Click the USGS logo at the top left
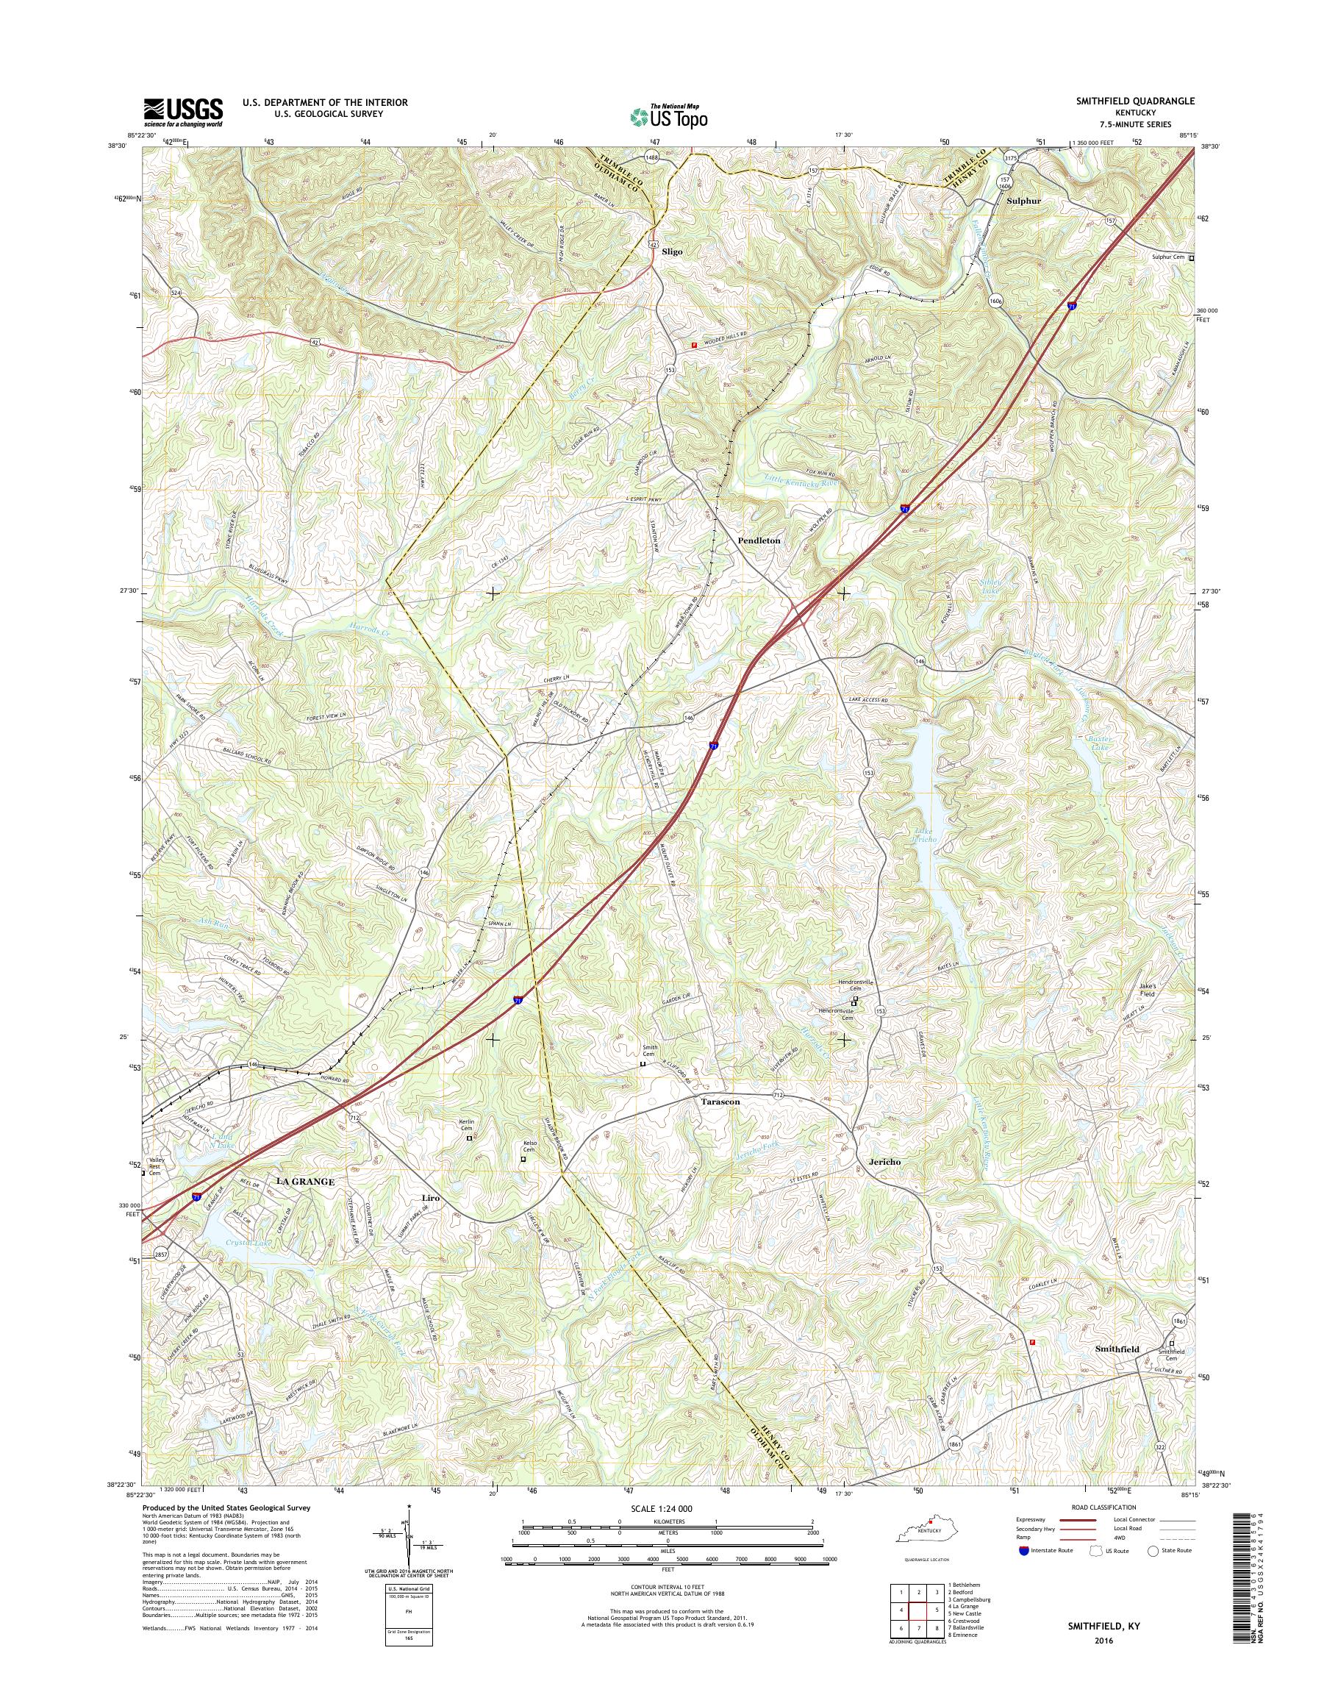[182, 113]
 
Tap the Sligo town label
[671, 252]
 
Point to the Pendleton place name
[758, 540]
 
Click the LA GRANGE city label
[301, 1181]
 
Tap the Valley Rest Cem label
[154, 1168]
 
